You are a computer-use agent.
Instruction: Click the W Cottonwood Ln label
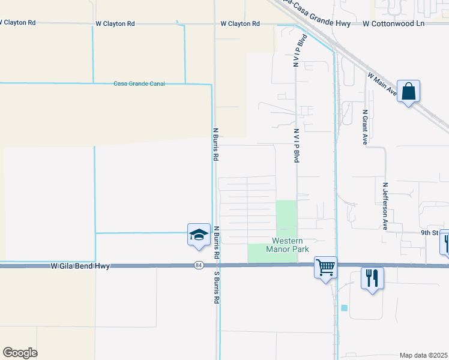pos(393,23)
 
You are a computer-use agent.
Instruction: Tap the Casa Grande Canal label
pos(139,83)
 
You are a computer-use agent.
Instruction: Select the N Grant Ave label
pos(364,127)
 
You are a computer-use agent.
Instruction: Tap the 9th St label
pos(429,232)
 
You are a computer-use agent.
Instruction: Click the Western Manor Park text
pos(282,245)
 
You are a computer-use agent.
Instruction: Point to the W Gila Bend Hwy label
pos(80,265)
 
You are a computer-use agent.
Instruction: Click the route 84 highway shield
pos(199,265)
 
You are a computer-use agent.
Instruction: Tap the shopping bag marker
pos(408,92)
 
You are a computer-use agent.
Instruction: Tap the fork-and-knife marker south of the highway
pos(372,278)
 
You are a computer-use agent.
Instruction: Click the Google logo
pos(20,353)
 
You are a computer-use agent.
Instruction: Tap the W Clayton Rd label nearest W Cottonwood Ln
pos(240,23)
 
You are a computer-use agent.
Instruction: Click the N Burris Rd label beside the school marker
pos(217,242)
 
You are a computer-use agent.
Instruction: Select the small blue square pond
pos(344,308)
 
